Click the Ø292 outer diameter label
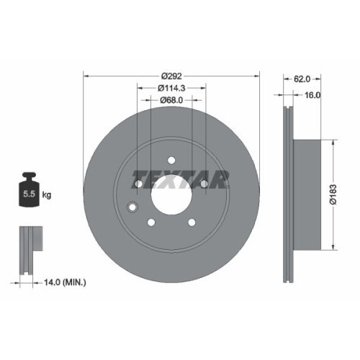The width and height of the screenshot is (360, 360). click(x=171, y=75)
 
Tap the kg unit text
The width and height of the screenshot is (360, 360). click(x=47, y=194)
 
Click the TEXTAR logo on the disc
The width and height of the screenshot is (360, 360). click(x=181, y=177)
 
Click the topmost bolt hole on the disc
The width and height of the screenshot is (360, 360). click(x=171, y=160)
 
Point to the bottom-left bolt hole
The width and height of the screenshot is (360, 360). click(x=151, y=222)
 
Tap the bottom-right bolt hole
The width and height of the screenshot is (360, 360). click(x=192, y=222)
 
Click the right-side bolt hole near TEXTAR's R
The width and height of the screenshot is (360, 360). click(x=205, y=184)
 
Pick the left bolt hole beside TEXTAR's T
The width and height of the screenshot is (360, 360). click(x=138, y=184)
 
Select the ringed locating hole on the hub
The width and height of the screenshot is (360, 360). click(x=131, y=209)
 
